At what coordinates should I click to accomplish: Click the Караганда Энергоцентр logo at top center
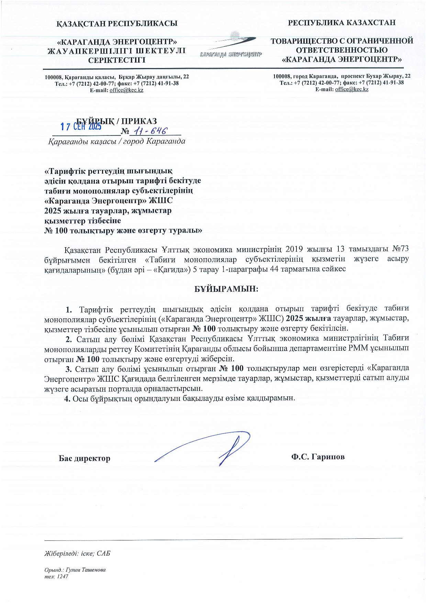(x=231, y=46)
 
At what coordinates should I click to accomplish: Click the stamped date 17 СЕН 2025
(x=81, y=127)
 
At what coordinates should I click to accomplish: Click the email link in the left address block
(x=126, y=90)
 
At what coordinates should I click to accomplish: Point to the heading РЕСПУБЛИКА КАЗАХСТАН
(x=342, y=23)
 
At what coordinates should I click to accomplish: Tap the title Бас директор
(x=85, y=458)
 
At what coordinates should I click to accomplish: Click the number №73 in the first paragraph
(x=400, y=249)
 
